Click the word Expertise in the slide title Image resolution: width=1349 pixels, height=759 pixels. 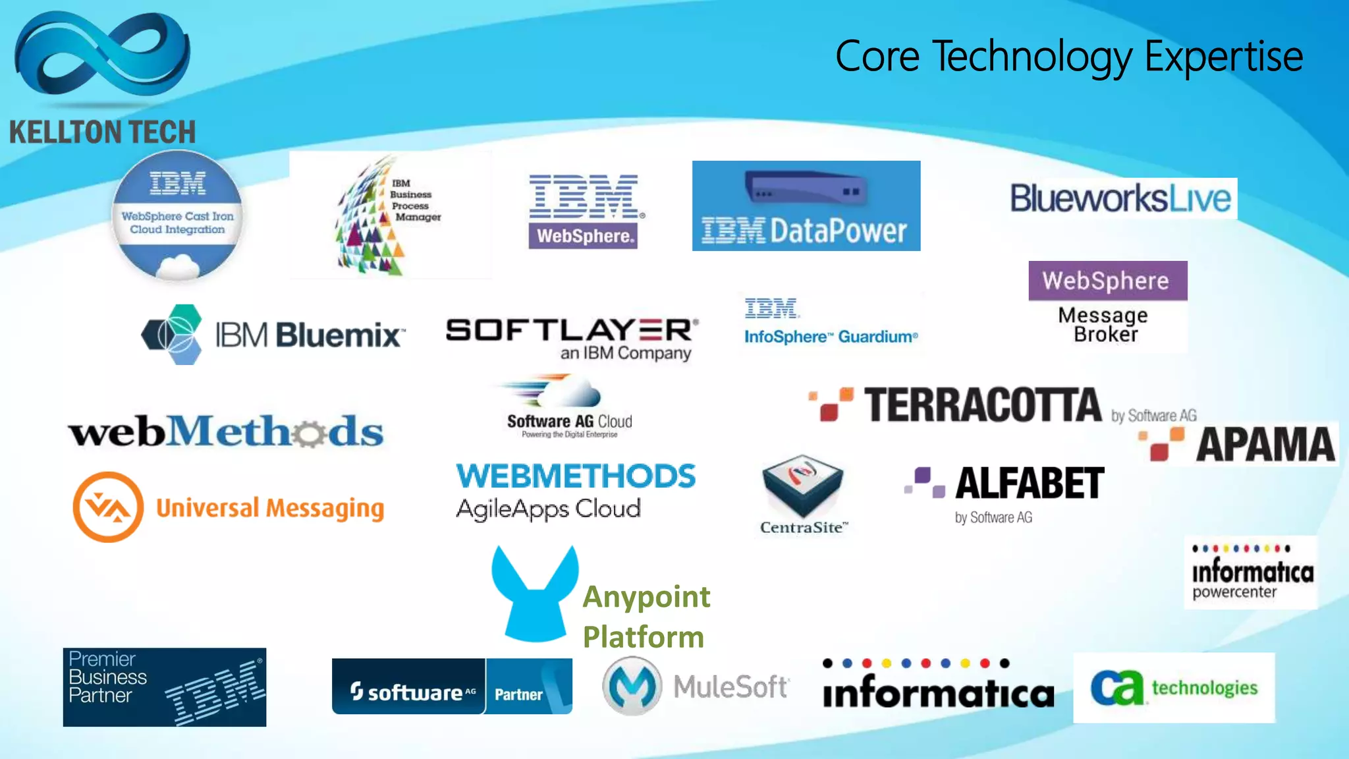point(1223,57)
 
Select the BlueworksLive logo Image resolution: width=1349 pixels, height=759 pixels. point(1120,198)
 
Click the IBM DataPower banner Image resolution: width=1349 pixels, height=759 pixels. point(806,206)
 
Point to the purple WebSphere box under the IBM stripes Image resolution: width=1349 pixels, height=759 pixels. point(583,236)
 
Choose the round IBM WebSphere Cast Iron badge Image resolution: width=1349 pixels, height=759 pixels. point(177,215)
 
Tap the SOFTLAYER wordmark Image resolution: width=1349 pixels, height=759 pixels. point(570,329)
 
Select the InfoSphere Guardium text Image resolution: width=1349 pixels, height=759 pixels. point(831,337)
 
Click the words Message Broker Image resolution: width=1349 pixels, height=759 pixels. point(1105,325)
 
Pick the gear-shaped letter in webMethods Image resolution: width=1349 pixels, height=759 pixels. point(308,433)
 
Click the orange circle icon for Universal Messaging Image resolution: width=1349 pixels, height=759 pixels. point(108,507)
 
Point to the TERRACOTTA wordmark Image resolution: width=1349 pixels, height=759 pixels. point(982,405)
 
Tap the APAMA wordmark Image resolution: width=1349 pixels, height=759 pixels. point(1265,445)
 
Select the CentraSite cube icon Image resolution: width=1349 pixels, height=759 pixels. point(802,486)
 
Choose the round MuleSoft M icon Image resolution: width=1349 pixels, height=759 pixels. point(632,687)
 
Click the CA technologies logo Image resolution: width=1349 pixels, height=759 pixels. point(1174,688)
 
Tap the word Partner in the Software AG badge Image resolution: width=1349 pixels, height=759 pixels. point(518,694)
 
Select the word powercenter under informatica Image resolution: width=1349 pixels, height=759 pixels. point(1234,592)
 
